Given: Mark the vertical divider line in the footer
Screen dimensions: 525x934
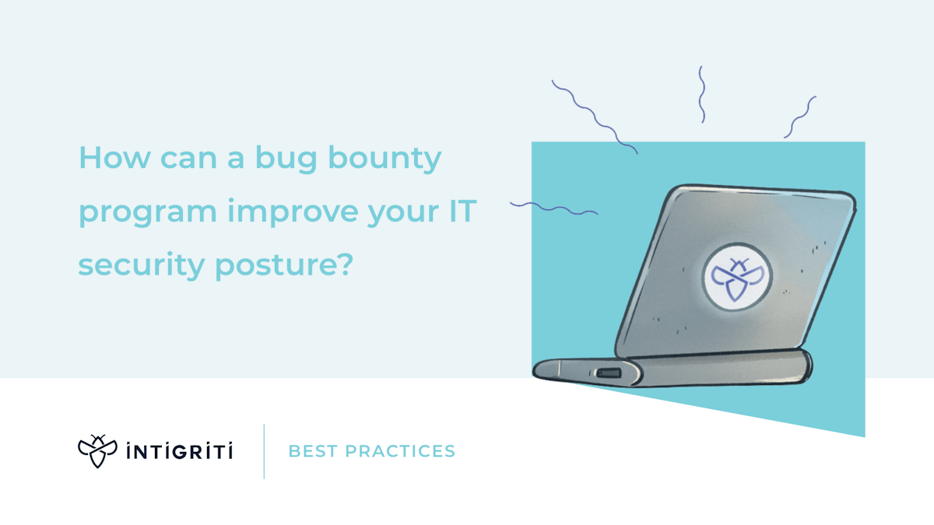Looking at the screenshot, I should point(264,451).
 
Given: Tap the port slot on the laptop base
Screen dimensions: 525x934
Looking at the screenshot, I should point(607,373).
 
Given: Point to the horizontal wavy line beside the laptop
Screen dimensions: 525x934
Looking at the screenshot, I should point(553,208).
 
